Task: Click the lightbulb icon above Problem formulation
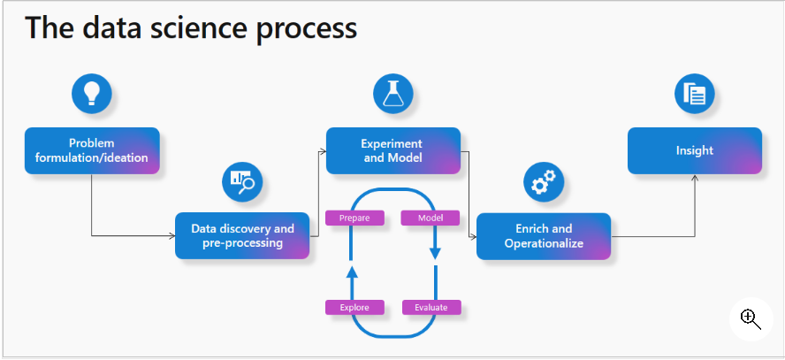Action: tap(92, 93)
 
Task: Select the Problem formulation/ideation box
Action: tap(92, 150)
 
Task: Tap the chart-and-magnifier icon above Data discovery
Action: tap(242, 181)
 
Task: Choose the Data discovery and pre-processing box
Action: tap(242, 235)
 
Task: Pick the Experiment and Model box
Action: tap(393, 150)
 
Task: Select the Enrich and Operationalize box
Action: tap(544, 236)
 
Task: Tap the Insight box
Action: tap(695, 150)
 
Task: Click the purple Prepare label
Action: tap(354, 218)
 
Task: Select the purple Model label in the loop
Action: tap(431, 218)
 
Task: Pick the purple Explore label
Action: tap(354, 307)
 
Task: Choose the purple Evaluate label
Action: tap(431, 307)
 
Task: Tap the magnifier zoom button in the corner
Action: tap(751, 319)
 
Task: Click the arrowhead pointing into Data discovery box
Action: tap(171, 236)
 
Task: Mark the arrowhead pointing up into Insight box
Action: tap(695, 178)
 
